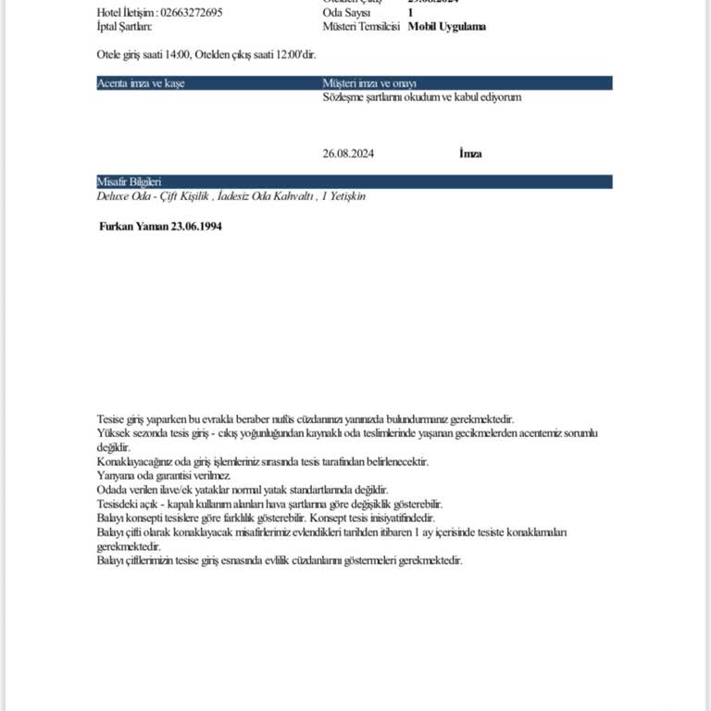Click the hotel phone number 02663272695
(191, 13)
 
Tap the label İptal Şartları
(124, 27)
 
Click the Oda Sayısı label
(345, 13)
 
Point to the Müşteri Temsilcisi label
(361, 27)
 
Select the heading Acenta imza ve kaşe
(141, 83)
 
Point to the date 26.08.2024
(348, 154)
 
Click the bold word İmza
(470, 154)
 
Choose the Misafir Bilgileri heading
(130, 182)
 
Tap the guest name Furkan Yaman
(133, 226)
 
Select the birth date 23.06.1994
(196, 226)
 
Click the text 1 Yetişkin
(344, 196)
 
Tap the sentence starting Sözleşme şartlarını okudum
(421, 96)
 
